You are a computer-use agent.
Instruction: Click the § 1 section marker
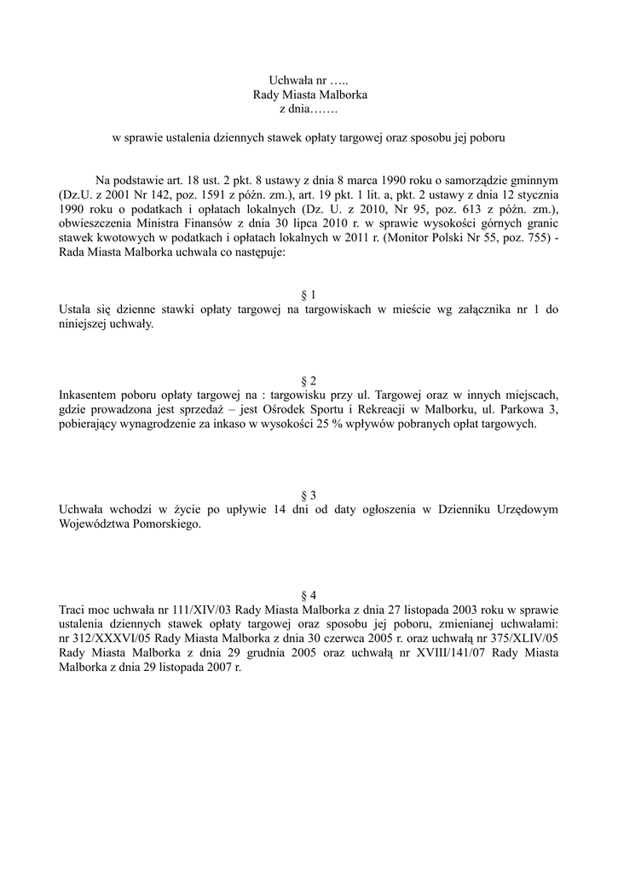click(x=309, y=295)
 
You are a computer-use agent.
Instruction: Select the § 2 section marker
click(x=309, y=380)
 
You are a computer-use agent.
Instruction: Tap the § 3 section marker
click(x=309, y=495)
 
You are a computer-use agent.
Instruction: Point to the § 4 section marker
click(x=309, y=594)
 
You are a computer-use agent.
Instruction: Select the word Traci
click(x=73, y=610)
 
